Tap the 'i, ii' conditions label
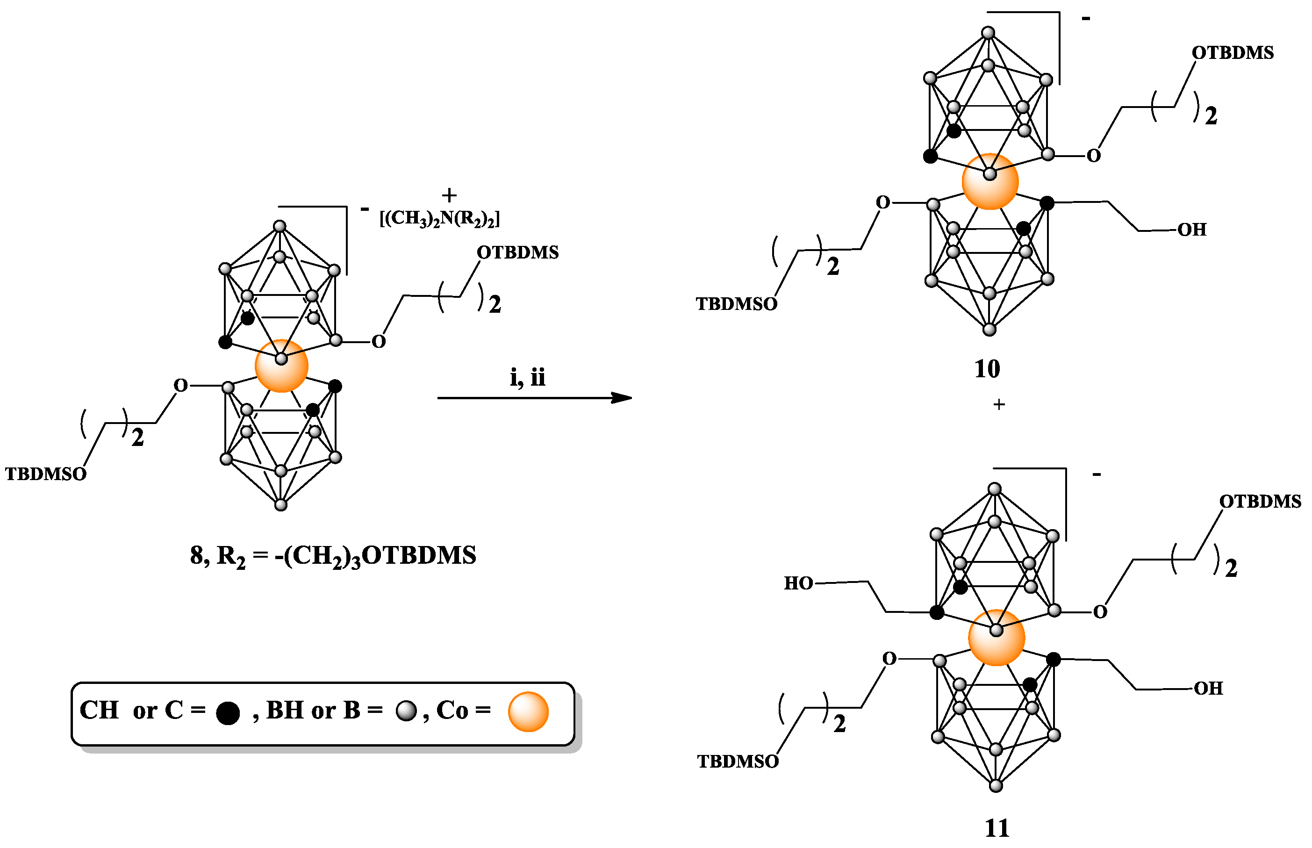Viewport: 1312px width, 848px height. click(x=527, y=378)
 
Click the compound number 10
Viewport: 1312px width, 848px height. click(x=987, y=369)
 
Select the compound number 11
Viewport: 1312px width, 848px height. click(x=996, y=827)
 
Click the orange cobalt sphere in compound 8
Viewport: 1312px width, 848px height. click(x=281, y=366)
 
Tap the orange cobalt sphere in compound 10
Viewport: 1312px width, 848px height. click(x=989, y=181)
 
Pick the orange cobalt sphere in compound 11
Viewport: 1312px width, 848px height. click(x=996, y=638)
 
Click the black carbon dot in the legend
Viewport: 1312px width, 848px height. click(x=227, y=712)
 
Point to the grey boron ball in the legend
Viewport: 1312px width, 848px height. click(x=406, y=711)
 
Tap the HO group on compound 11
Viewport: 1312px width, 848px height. click(x=798, y=583)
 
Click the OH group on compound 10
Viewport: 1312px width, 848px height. click(x=1191, y=229)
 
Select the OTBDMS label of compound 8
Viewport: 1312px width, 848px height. click(x=517, y=252)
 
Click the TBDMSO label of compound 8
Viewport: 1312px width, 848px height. click(x=46, y=474)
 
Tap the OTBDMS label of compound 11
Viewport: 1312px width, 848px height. click(x=1260, y=501)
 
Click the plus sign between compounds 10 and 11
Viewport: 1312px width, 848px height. click(x=999, y=405)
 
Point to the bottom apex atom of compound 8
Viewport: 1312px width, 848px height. click(x=281, y=504)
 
